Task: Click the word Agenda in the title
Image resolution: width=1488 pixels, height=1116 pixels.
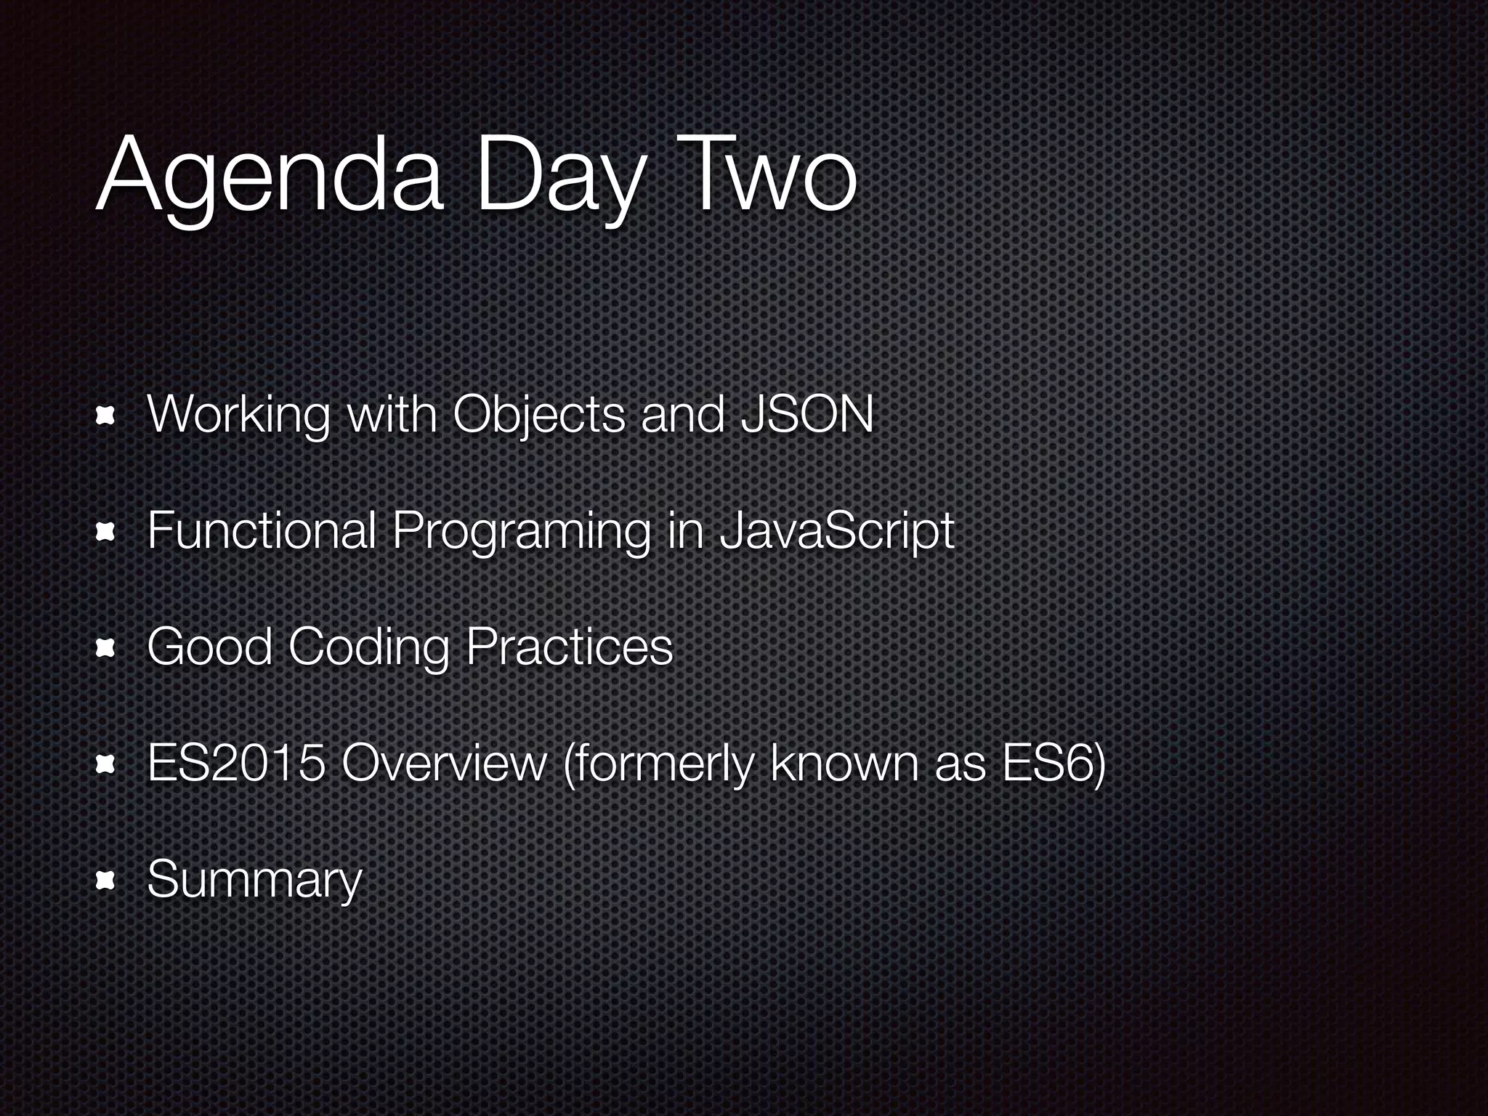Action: click(269, 179)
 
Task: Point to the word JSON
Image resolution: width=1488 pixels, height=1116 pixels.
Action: click(806, 416)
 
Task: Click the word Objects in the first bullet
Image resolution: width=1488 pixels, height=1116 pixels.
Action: click(538, 416)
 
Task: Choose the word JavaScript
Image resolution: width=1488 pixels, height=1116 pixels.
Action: click(836, 531)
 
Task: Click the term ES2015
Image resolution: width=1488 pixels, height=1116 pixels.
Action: click(236, 764)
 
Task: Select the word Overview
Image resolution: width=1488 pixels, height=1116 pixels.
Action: click(443, 764)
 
